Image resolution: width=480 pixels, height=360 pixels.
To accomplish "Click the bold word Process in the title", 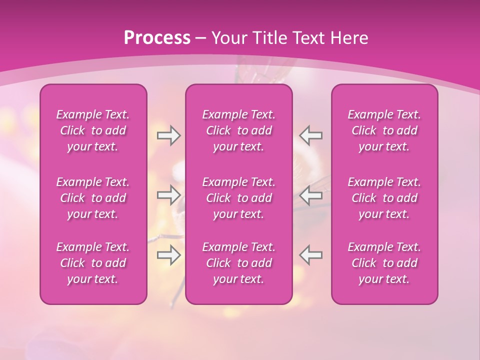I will pyautogui.click(x=157, y=38).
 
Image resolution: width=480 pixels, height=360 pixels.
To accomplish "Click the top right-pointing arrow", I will pyautogui.click(x=168, y=135).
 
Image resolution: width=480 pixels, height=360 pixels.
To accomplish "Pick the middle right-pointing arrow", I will pyautogui.click(x=168, y=195).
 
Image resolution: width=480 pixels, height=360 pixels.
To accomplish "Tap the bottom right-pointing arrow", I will pyautogui.click(x=168, y=255).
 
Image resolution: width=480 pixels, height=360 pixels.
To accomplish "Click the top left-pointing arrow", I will pyautogui.click(x=311, y=135).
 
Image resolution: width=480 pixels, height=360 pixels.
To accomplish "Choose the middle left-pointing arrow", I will pyautogui.click(x=311, y=195).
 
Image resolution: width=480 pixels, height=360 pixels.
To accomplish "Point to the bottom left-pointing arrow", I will pyautogui.click(x=311, y=255).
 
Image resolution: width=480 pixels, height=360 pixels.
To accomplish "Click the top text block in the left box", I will pyautogui.click(x=93, y=130).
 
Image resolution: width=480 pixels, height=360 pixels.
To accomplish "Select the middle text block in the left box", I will pyautogui.click(x=93, y=198).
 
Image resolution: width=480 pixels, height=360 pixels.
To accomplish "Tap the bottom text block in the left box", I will pyautogui.click(x=93, y=263).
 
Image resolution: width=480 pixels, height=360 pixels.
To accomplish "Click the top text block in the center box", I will pyautogui.click(x=239, y=130).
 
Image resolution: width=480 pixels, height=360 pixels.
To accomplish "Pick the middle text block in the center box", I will pyautogui.click(x=239, y=198).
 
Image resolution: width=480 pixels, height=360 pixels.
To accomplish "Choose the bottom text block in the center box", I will pyautogui.click(x=239, y=263).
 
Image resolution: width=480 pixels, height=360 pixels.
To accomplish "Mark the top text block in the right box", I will pyautogui.click(x=384, y=130).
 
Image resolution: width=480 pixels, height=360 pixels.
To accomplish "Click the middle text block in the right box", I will pyautogui.click(x=384, y=198).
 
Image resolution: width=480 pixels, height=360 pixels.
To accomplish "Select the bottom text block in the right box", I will pyautogui.click(x=384, y=263).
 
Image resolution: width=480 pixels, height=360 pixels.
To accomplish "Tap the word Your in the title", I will pyautogui.click(x=230, y=38).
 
